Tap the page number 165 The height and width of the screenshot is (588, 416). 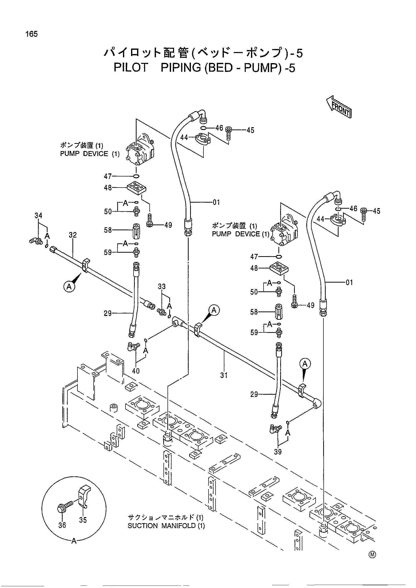click(31, 34)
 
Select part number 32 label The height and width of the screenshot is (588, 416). click(73, 235)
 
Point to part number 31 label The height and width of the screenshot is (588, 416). click(224, 375)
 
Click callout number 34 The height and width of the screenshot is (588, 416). click(38, 215)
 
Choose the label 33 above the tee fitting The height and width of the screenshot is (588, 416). click(162, 287)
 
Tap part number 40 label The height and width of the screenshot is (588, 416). click(136, 371)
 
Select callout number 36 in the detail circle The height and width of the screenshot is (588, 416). click(62, 525)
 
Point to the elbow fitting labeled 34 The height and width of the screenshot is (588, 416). click(35, 241)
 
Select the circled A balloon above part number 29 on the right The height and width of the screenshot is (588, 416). click(305, 364)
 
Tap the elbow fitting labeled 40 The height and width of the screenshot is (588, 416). click(133, 346)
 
